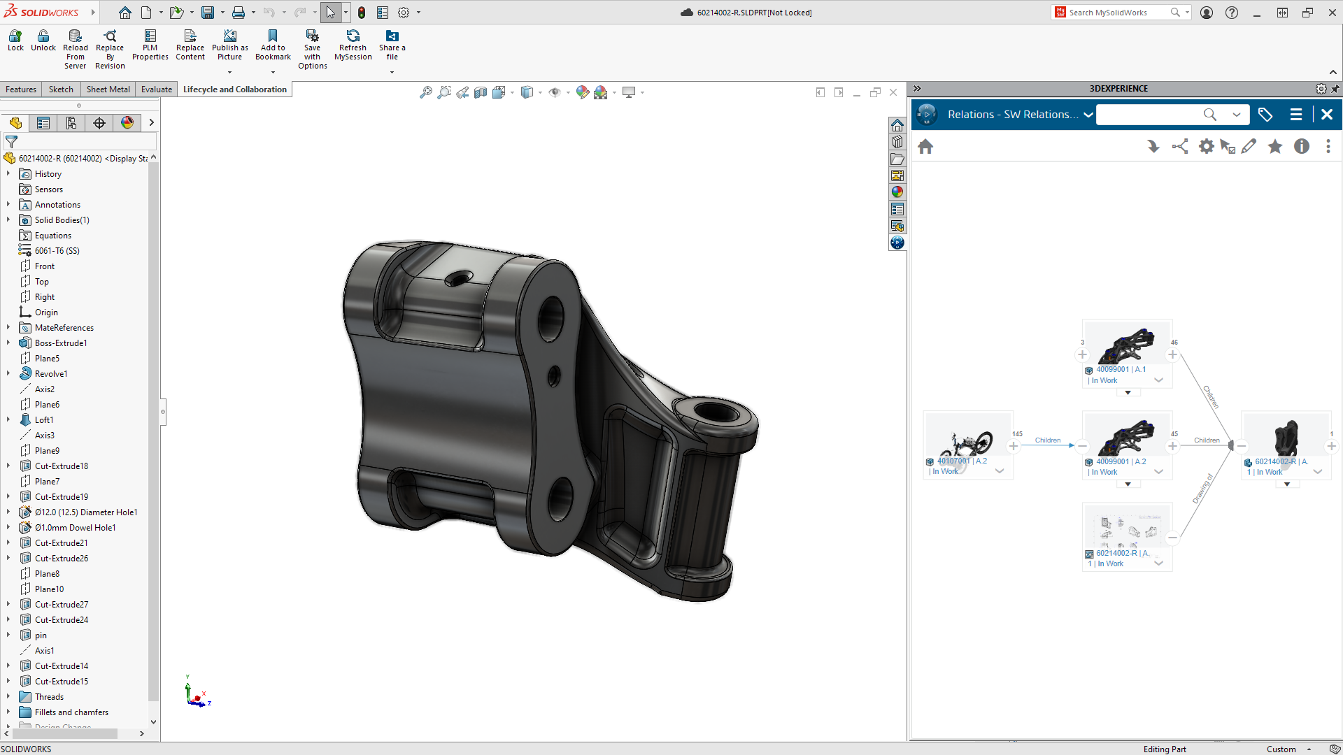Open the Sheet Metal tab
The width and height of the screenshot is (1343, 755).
(108, 89)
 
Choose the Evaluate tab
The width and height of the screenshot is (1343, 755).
(156, 89)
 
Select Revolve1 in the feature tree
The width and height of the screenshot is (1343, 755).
(51, 374)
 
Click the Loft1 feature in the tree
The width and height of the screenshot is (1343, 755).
(44, 420)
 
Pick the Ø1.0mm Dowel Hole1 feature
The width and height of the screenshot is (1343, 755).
(75, 528)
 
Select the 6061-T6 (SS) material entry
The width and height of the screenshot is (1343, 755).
(57, 251)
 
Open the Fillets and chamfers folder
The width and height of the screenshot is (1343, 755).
(71, 712)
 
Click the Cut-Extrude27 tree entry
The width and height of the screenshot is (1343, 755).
(62, 605)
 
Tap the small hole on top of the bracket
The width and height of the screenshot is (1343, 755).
(458, 280)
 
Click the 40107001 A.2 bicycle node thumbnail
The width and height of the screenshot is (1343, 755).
(968, 437)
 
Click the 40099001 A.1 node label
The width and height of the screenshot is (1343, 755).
(1121, 370)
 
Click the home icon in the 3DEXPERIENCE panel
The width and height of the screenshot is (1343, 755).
(925, 147)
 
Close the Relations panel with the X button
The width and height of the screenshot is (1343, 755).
(1327, 115)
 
